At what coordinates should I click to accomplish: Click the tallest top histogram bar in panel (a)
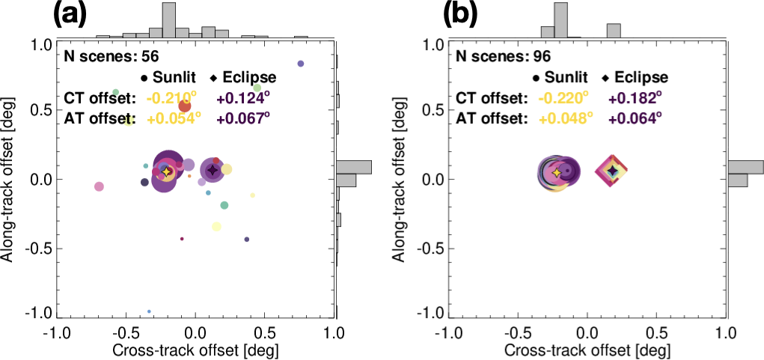point(169,19)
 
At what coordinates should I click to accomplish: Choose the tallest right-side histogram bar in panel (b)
point(745,166)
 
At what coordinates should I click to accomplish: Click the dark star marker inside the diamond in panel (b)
point(612,171)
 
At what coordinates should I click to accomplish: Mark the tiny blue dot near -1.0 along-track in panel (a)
point(149,311)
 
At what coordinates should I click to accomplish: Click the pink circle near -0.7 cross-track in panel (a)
point(99,186)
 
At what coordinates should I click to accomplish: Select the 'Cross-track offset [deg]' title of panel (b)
point(587,350)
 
